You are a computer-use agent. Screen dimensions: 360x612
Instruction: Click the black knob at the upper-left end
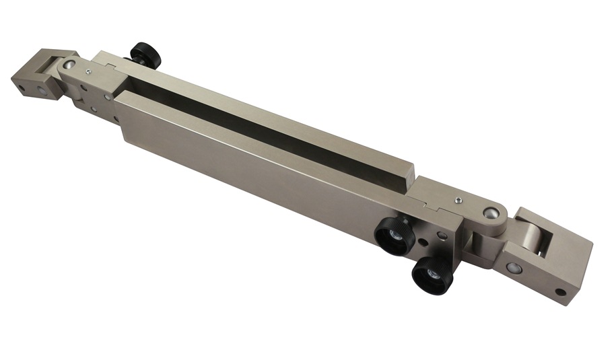145,55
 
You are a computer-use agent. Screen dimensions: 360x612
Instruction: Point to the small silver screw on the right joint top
457,200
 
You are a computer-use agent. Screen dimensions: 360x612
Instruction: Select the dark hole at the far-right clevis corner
560,292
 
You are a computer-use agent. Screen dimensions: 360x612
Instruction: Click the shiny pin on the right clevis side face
515,268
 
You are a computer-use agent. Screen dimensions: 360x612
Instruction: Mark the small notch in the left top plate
108,62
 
